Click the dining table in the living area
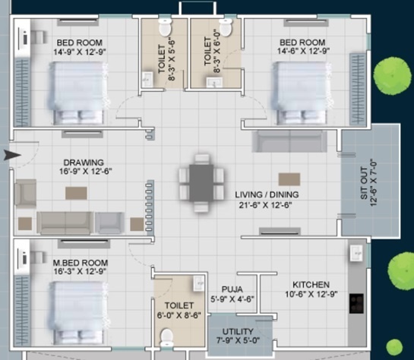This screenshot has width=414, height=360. click(x=201, y=183)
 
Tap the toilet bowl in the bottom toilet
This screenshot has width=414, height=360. click(x=168, y=336)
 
